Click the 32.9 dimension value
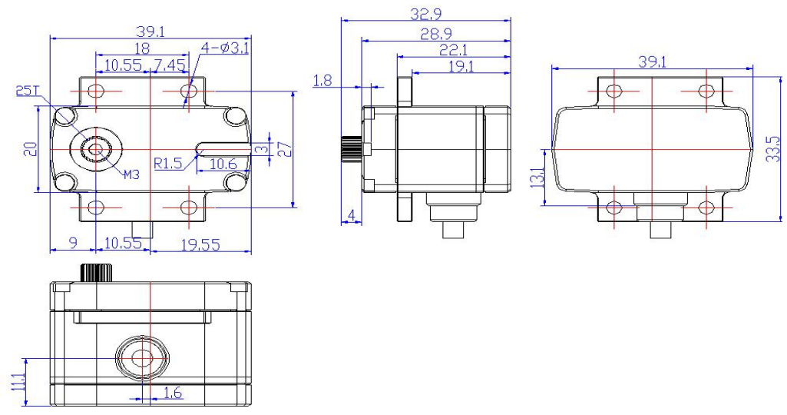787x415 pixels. [428, 13]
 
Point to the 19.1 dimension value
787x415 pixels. [461, 67]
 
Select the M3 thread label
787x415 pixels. [131, 174]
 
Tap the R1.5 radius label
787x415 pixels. [167, 163]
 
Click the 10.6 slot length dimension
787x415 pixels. [223, 163]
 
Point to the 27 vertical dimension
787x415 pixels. [284, 148]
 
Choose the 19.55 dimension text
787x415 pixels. [199, 244]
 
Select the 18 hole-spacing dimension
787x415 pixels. [142, 49]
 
